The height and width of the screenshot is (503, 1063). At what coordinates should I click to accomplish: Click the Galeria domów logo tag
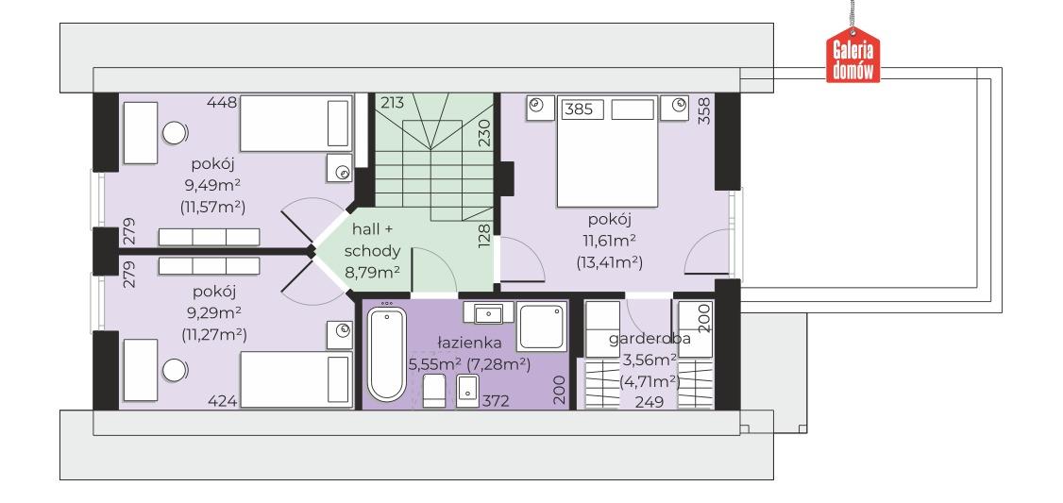tap(852, 56)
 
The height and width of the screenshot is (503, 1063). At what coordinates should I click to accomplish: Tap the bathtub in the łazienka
tap(386, 353)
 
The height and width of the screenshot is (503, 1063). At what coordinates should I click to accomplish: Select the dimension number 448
tap(223, 103)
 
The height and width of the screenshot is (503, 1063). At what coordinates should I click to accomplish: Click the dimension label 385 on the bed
tap(579, 109)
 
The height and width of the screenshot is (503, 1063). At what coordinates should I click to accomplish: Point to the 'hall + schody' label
tap(372, 240)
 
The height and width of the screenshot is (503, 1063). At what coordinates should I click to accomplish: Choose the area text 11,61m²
tap(610, 241)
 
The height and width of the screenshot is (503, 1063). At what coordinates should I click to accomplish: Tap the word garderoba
tap(650, 339)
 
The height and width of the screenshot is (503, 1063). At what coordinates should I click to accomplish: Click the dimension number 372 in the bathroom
tap(495, 401)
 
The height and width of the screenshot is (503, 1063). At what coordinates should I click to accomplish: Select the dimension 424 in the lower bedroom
tap(223, 401)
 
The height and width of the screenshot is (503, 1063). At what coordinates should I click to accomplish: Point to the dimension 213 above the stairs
tap(392, 103)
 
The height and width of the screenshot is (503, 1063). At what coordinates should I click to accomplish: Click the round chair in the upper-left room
tap(175, 132)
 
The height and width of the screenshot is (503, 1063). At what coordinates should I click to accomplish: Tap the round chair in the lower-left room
tap(175, 370)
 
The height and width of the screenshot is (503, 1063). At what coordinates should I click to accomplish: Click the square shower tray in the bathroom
tap(541, 327)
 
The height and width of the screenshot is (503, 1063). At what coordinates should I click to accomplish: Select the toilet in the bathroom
tap(434, 391)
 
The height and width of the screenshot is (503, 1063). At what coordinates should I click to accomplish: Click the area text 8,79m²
tap(372, 273)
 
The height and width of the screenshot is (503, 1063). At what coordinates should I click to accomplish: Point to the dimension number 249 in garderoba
tap(649, 402)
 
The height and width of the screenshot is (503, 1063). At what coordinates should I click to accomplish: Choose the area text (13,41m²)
tap(610, 261)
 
